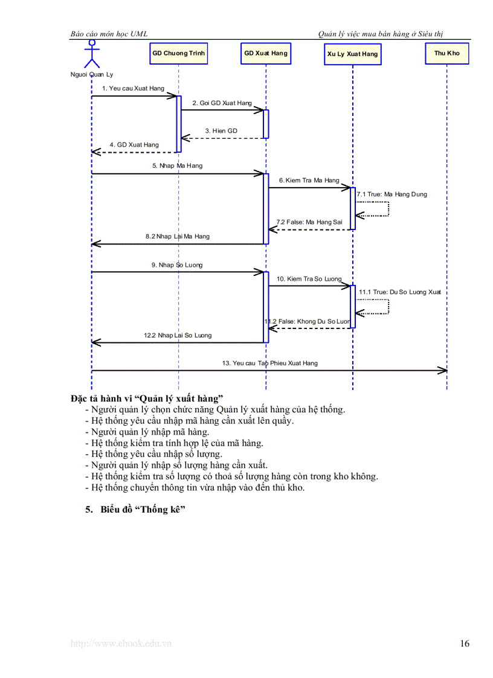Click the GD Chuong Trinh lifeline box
[178, 54]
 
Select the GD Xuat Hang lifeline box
[265, 54]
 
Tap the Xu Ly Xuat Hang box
[352, 54]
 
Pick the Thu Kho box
[446, 54]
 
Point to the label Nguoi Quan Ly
[91, 75]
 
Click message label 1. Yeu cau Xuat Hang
[133, 89]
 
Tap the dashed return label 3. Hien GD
[221, 131]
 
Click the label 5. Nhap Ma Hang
[177, 165]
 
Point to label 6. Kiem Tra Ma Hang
[309, 181]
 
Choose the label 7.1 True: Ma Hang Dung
[391, 195]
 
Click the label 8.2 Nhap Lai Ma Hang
[177, 237]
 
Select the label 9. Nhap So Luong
[176, 265]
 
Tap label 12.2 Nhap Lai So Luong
[177, 335]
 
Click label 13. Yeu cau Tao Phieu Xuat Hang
[269, 363]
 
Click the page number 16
[464, 644]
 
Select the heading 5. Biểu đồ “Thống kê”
[135, 510]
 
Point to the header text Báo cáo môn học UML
[109, 34]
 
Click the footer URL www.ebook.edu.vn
[121, 644]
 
